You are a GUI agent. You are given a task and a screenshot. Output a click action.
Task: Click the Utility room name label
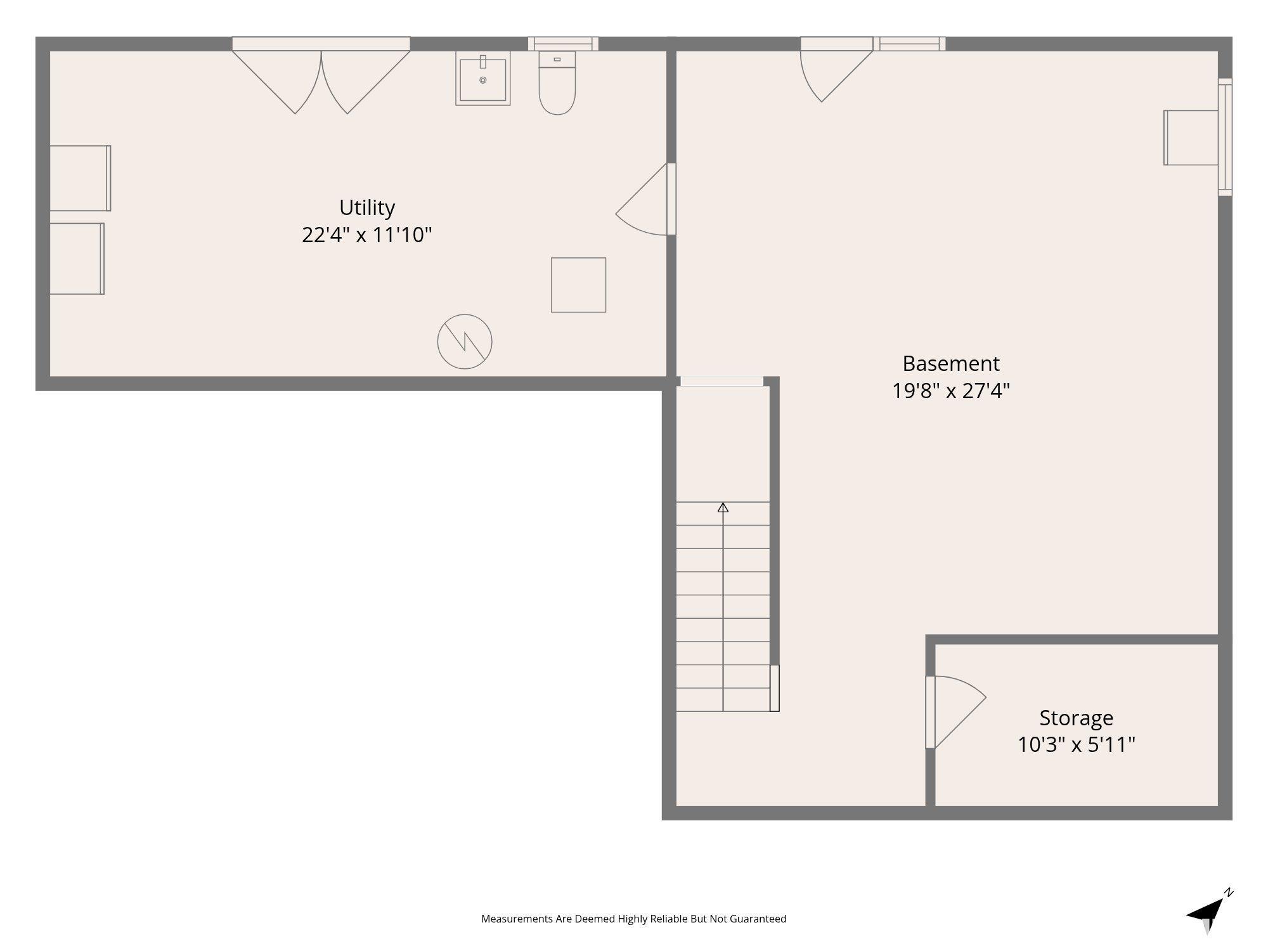click(x=367, y=208)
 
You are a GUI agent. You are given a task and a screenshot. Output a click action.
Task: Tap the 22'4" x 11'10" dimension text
click(x=367, y=235)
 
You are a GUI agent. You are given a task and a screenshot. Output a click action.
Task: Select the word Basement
click(x=951, y=364)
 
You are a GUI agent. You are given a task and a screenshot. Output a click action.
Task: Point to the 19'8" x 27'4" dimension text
click(x=951, y=391)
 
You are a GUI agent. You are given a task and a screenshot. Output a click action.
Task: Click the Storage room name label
click(x=1077, y=718)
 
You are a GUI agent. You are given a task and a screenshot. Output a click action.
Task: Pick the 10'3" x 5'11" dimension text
click(x=1077, y=745)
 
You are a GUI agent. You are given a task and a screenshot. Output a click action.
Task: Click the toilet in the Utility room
click(x=557, y=83)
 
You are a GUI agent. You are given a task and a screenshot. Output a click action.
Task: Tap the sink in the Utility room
click(x=483, y=79)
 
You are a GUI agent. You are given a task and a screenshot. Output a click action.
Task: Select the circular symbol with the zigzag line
click(x=465, y=342)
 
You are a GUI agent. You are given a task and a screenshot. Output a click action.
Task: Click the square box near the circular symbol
click(x=578, y=285)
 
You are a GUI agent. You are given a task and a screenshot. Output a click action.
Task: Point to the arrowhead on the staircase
click(x=723, y=507)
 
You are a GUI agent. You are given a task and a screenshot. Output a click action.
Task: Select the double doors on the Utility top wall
click(x=321, y=76)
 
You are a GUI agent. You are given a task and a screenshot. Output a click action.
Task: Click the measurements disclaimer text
click(x=634, y=919)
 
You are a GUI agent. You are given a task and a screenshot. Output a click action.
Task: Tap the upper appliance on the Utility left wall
click(x=80, y=178)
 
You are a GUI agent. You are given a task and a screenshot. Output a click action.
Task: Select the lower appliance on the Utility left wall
click(x=77, y=259)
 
